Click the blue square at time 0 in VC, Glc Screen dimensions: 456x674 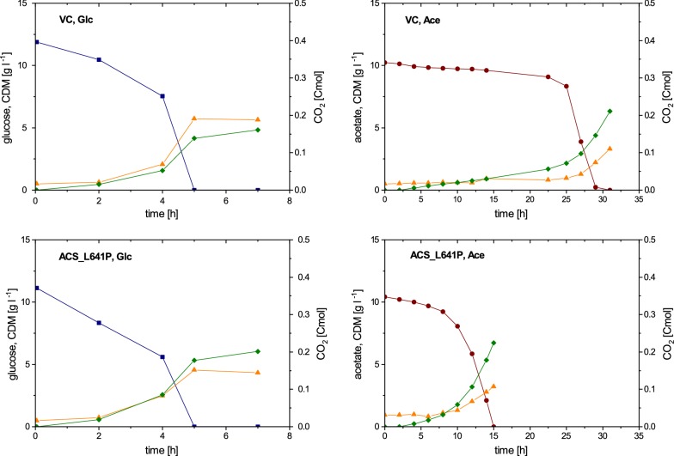tap(35, 42)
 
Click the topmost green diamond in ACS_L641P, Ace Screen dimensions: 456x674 tap(494, 343)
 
